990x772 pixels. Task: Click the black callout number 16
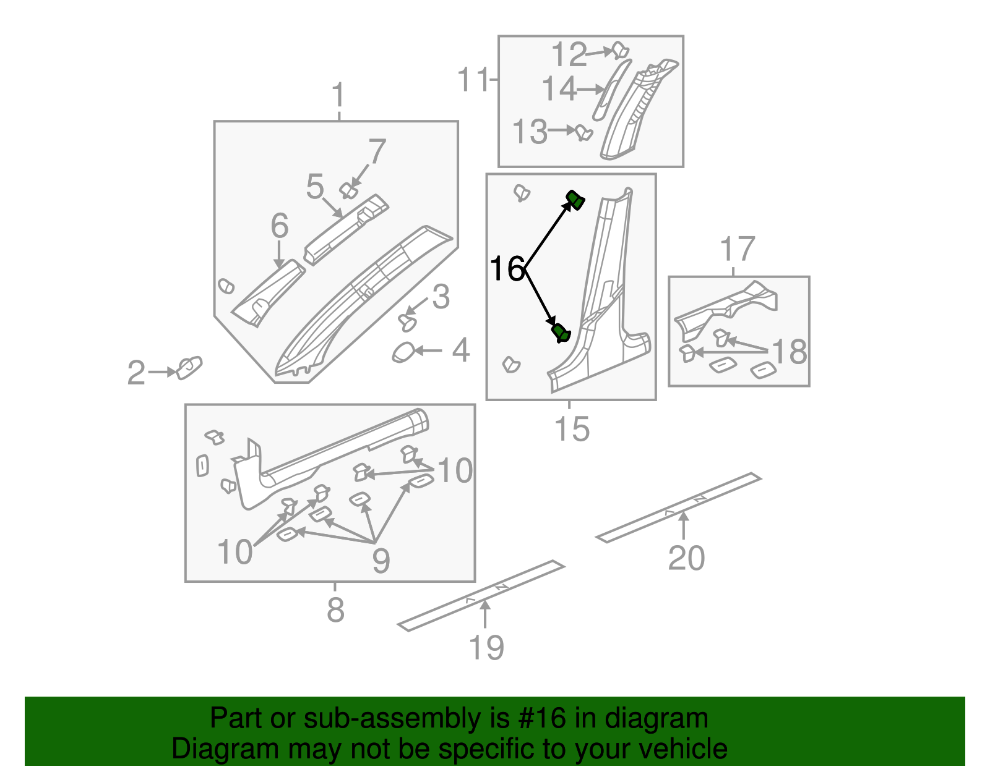point(507,269)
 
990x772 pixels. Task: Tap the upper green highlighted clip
point(575,200)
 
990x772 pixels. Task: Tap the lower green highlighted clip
point(561,333)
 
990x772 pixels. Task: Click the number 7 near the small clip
point(377,152)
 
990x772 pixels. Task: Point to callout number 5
point(315,186)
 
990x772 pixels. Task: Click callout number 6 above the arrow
point(280,226)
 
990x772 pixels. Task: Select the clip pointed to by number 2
point(189,368)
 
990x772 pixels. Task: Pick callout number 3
point(441,297)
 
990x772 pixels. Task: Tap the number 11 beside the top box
point(473,80)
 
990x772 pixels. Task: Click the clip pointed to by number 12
point(620,50)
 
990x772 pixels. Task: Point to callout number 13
point(530,132)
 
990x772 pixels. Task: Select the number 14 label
point(559,89)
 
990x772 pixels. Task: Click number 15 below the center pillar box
point(572,429)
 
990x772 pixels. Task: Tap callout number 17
point(737,249)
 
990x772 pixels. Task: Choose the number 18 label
point(790,352)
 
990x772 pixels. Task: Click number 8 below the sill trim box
point(335,610)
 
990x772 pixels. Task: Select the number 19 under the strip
point(486,648)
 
